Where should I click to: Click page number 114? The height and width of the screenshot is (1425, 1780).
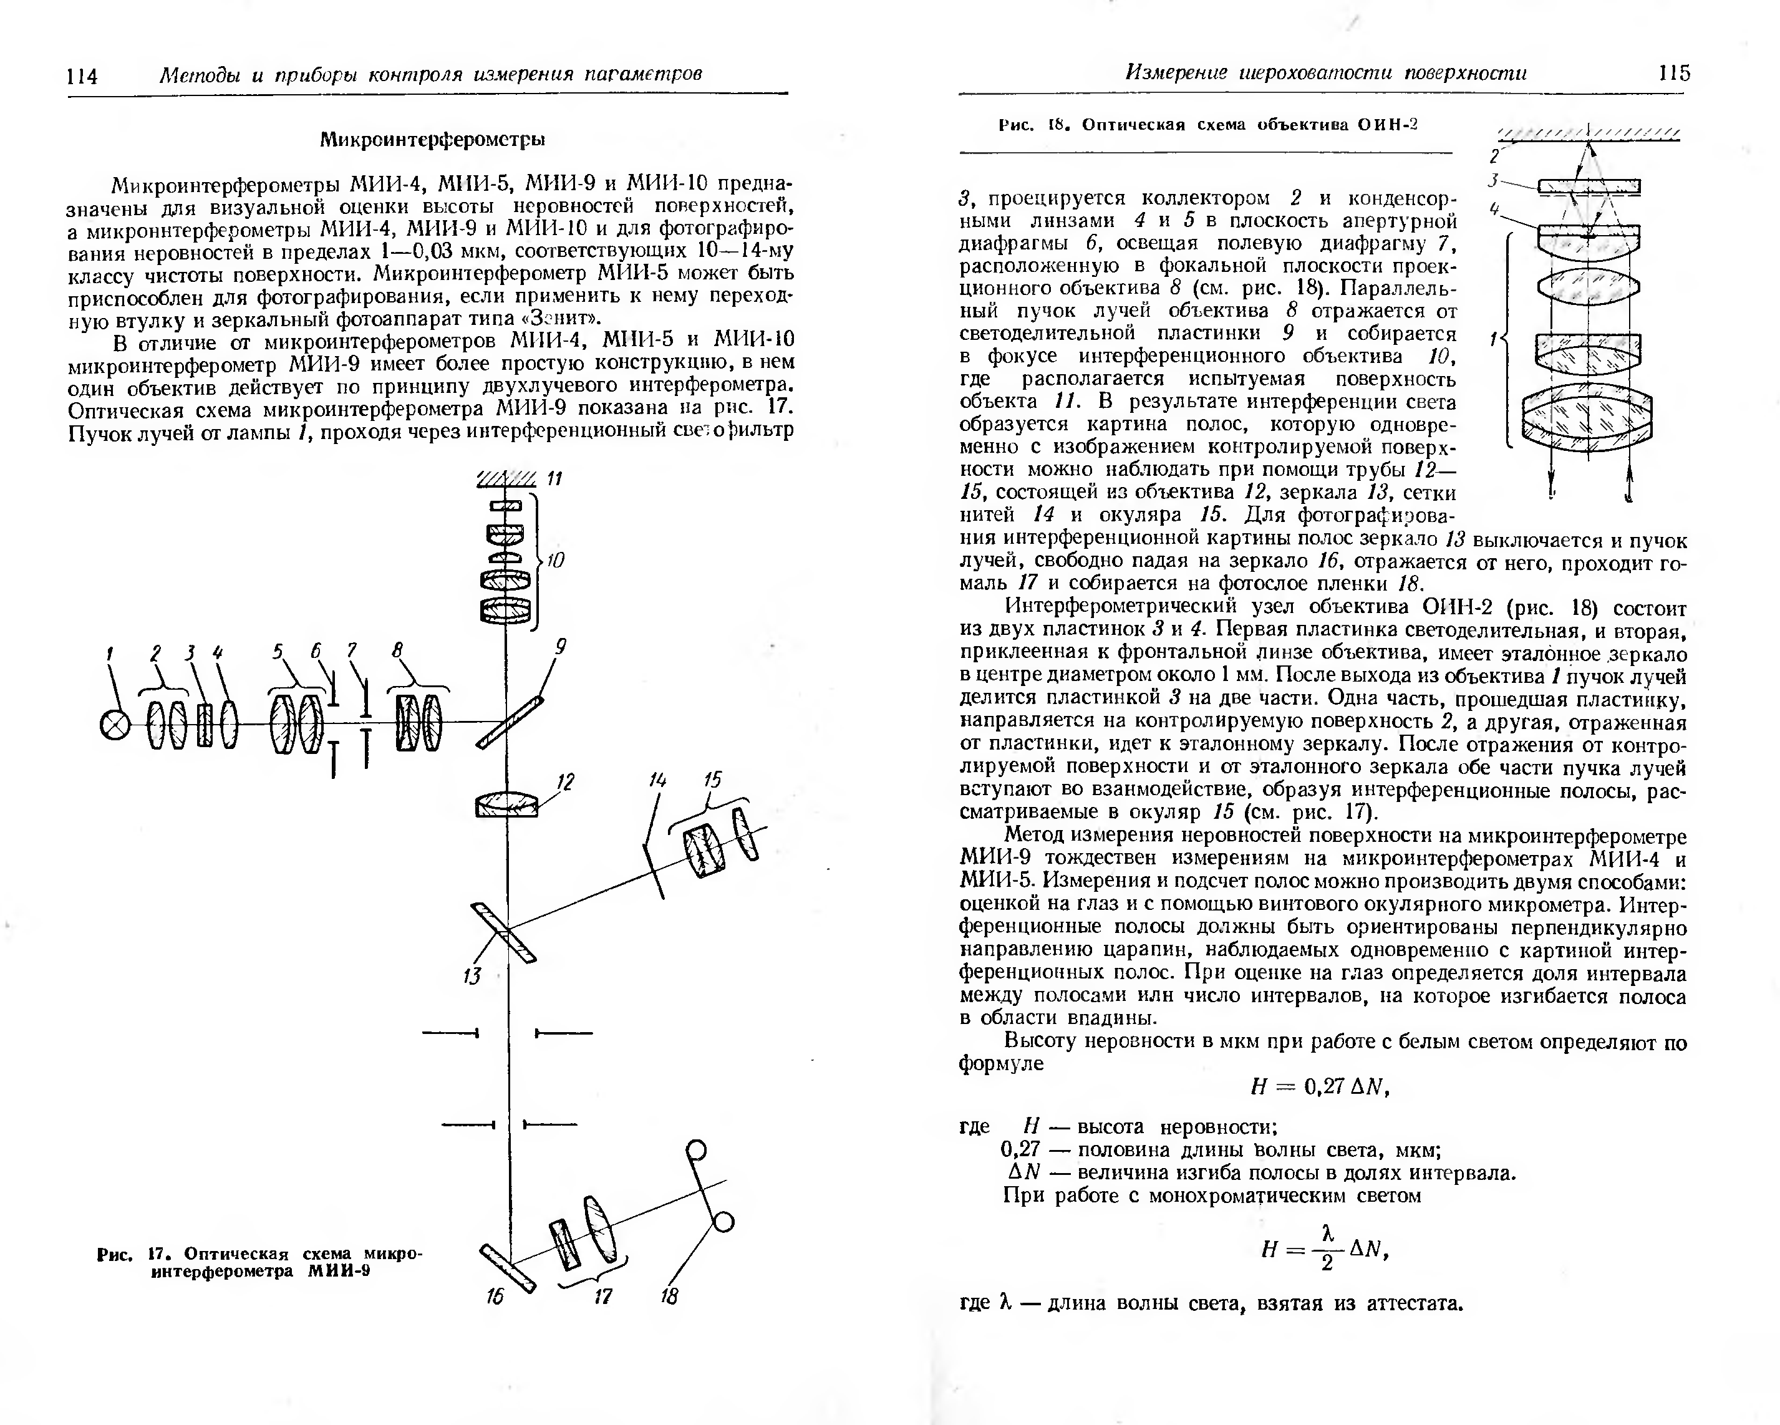(82, 77)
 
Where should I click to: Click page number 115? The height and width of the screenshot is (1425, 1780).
(1673, 74)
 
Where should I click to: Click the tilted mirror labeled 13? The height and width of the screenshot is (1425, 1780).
(503, 933)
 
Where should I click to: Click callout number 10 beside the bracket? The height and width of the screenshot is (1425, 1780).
(556, 561)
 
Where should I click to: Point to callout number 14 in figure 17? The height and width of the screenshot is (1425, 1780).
(658, 780)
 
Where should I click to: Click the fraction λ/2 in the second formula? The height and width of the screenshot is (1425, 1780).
(1328, 1249)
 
